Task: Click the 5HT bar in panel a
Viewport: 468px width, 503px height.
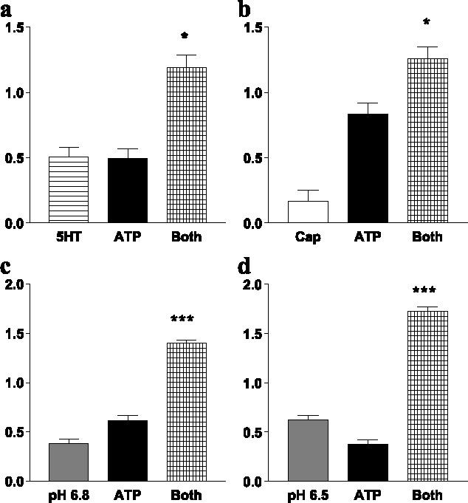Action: (x=69, y=189)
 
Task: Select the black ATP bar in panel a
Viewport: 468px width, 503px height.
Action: (x=127, y=191)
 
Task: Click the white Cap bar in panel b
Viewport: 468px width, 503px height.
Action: (x=307, y=211)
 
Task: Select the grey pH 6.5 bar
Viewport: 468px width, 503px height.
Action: (x=307, y=450)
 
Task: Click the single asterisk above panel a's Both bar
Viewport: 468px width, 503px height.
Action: (x=185, y=36)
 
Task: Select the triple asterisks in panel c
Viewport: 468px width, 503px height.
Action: (x=182, y=320)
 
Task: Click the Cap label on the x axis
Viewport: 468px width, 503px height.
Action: (x=307, y=237)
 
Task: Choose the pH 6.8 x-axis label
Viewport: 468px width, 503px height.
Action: (x=68, y=496)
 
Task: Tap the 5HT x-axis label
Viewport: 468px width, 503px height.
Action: (x=69, y=237)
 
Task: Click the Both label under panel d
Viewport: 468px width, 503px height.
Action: (x=427, y=496)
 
